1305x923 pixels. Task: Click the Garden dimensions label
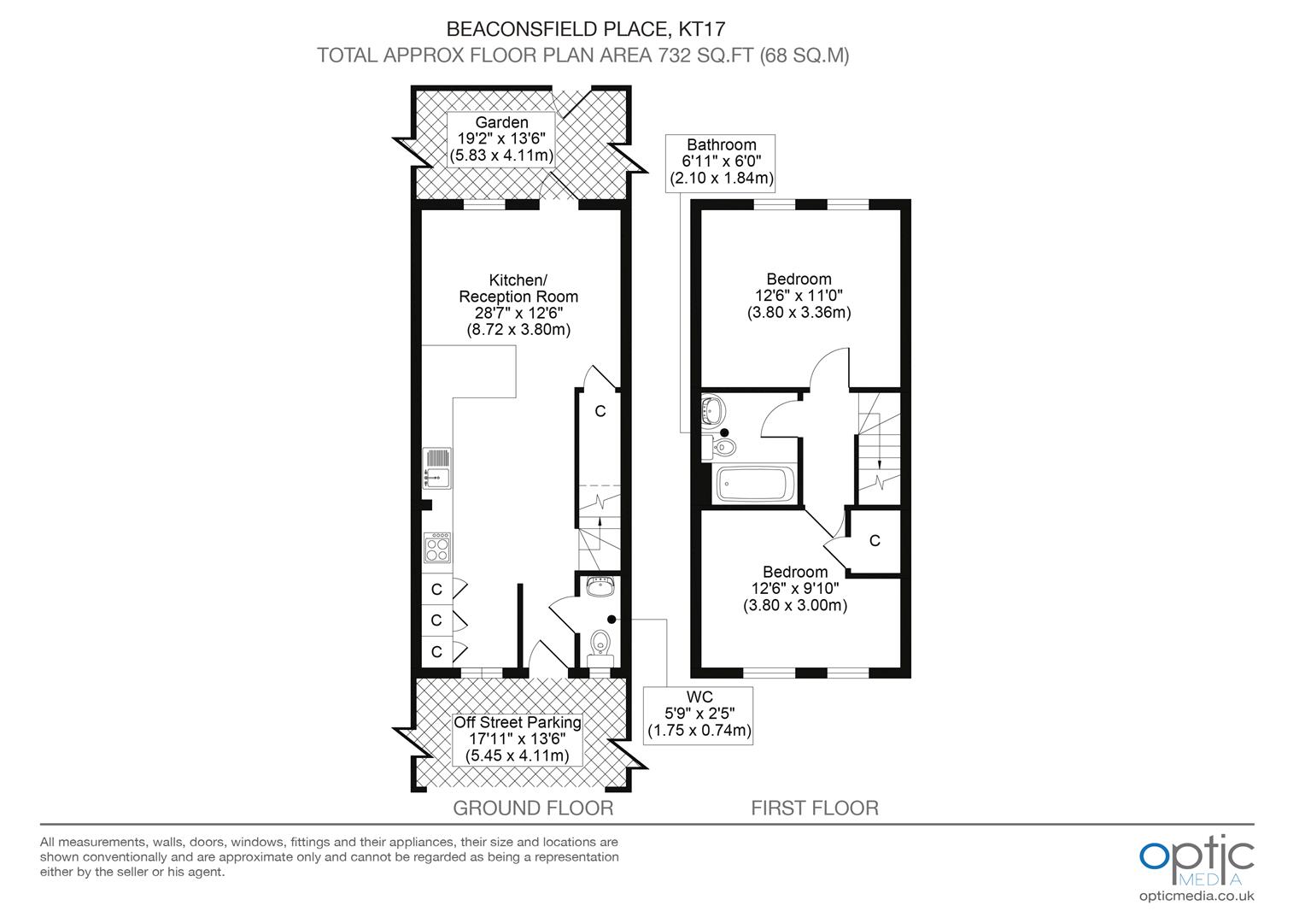coord(501,139)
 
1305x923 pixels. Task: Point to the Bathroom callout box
coord(722,162)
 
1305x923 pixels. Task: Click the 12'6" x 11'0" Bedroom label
coord(799,296)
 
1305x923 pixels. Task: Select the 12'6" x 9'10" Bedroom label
coord(795,589)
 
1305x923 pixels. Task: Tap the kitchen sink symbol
coord(436,470)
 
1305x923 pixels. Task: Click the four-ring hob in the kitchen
coord(437,547)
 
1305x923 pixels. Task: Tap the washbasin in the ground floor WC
coord(600,587)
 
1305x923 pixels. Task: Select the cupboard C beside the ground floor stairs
coord(600,412)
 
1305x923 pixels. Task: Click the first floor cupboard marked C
coord(875,541)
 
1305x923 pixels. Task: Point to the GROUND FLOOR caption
coord(533,808)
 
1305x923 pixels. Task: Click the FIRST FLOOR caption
coord(815,808)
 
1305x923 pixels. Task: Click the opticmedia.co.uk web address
coord(1197,896)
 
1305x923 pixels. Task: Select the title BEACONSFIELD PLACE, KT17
coord(582,29)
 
